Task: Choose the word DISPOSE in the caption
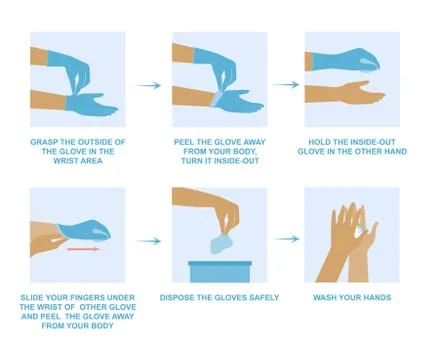pyautogui.click(x=182, y=297)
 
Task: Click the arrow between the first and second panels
pyautogui.click(x=148, y=85)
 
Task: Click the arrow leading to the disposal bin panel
pyautogui.click(x=148, y=240)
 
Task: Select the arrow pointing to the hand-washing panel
pyautogui.click(x=286, y=239)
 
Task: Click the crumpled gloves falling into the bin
pyautogui.click(x=222, y=244)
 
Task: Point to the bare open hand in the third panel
pyautogui.click(x=345, y=95)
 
